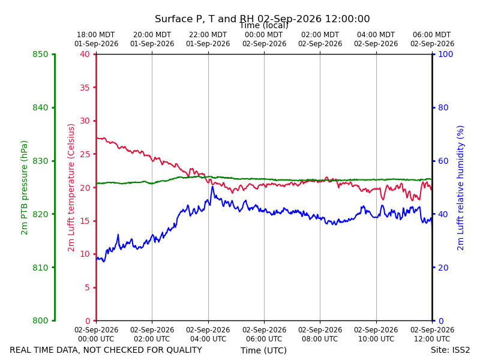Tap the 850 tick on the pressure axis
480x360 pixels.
coord(40,55)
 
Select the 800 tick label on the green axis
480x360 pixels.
coord(40,320)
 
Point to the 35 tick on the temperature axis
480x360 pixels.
coord(85,88)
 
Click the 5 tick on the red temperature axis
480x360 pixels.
coord(87,287)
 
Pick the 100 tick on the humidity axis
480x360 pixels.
coord(446,54)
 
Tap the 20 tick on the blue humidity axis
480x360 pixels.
coord(443,268)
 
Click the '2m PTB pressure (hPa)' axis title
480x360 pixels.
coord(24,188)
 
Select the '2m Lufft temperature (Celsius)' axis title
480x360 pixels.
coord(71,188)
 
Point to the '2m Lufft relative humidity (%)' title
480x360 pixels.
coord(460,188)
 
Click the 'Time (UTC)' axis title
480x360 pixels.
coord(263,350)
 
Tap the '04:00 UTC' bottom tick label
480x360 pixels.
coord(208,339)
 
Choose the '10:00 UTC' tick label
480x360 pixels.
coord(376,339)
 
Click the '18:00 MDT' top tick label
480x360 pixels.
coord(96,35)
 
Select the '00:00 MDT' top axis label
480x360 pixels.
coord(264,35)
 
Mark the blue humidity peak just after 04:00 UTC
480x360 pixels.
coord(212,187)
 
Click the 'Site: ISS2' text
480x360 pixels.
coord(451,350)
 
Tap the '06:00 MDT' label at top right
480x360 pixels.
coord(432,35)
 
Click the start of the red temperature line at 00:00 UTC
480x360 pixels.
coord(97,138)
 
